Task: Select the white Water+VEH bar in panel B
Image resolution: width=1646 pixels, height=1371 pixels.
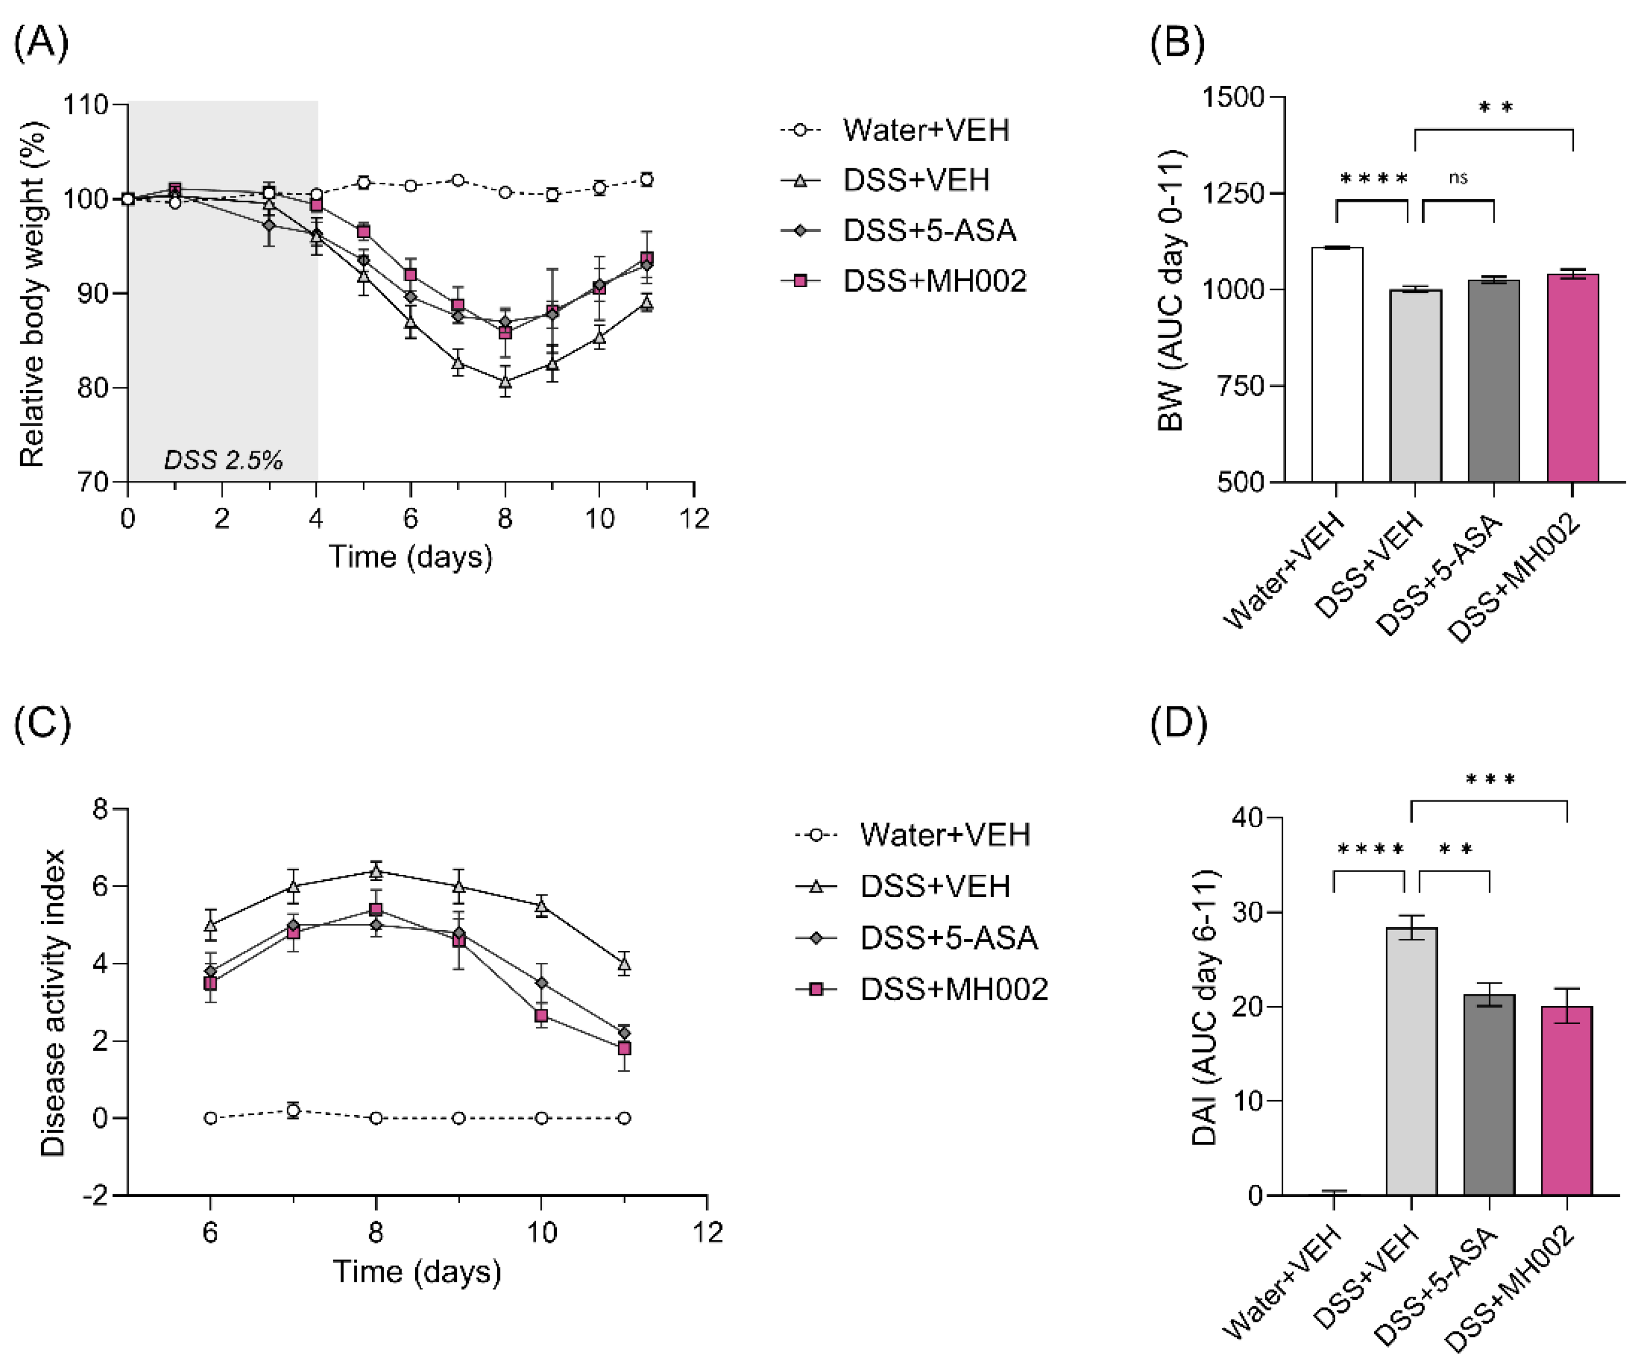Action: click(1336, 364)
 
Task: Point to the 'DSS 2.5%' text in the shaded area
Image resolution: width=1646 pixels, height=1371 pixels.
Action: click(223, 460)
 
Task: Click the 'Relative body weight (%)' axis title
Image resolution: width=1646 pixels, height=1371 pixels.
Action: click(32, 293)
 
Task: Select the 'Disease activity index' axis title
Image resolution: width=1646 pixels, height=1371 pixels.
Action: click(53, 1003)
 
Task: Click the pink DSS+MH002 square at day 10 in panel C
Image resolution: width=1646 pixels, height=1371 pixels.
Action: click(541, 1016)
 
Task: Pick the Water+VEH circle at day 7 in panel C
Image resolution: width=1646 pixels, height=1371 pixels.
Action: click(293, 1110)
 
